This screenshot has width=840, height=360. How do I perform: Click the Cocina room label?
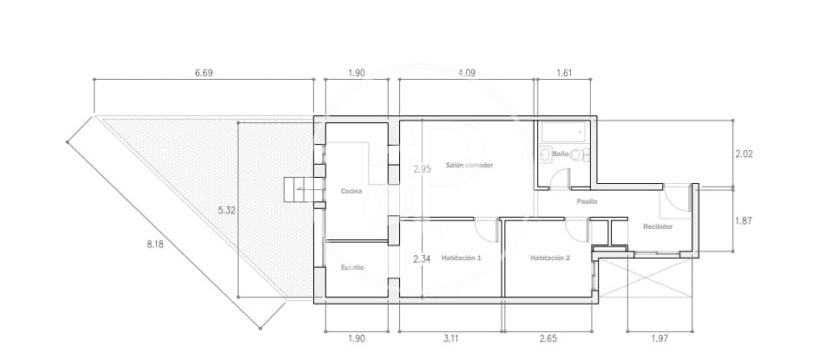point(351,191)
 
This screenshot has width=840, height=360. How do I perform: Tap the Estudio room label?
point(352,267)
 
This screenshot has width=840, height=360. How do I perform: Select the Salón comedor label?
point(469,165)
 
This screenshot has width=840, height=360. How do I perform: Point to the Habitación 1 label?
point(461,258)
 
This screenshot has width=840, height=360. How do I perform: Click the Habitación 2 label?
point(550,258)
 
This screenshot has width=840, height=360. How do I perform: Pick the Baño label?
point(561,154)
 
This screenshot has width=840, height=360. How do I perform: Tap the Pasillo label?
point(587,202)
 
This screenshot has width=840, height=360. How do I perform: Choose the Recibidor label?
point(658,227)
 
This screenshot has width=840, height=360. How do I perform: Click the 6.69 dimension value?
point(203,73)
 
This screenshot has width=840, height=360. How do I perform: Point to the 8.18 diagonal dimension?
point(156,245)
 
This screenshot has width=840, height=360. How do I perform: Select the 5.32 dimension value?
point(226,210)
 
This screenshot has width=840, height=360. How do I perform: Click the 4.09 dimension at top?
point(466,73)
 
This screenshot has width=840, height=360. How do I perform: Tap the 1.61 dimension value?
point(564,73)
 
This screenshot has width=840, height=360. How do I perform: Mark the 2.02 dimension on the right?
point(745,154)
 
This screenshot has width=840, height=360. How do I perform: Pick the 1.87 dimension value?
point(745,220)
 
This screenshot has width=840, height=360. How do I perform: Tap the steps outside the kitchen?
point(298,189)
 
